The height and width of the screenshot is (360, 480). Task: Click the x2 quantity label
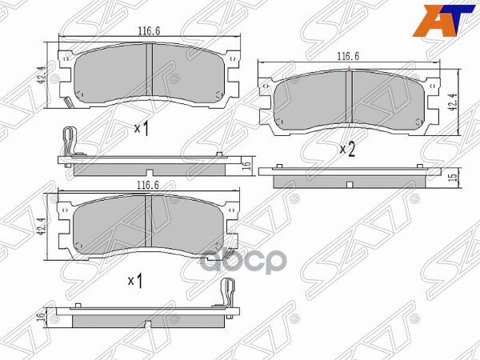point(347,149)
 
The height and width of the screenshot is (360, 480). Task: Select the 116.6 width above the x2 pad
point(346,57)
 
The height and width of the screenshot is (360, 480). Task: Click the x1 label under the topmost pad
point(142,128)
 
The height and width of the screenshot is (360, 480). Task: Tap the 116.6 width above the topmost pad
point(145,31)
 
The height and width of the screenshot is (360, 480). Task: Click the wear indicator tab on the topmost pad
point(67,102)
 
